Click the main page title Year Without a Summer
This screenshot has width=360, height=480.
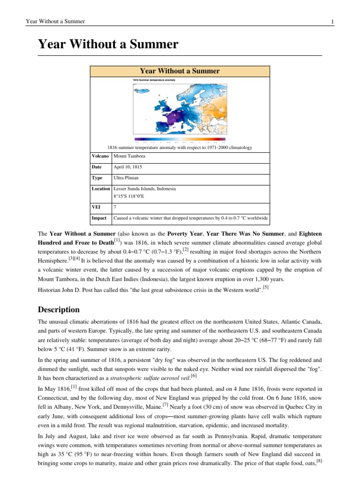(108, 45)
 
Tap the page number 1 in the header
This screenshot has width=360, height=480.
(332, 22)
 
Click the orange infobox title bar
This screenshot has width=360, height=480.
(180, 71)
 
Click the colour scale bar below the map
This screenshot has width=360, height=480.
(180, 139)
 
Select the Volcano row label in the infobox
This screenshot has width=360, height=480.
(100, 156)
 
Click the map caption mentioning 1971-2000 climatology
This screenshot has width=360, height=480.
(180, 147)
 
